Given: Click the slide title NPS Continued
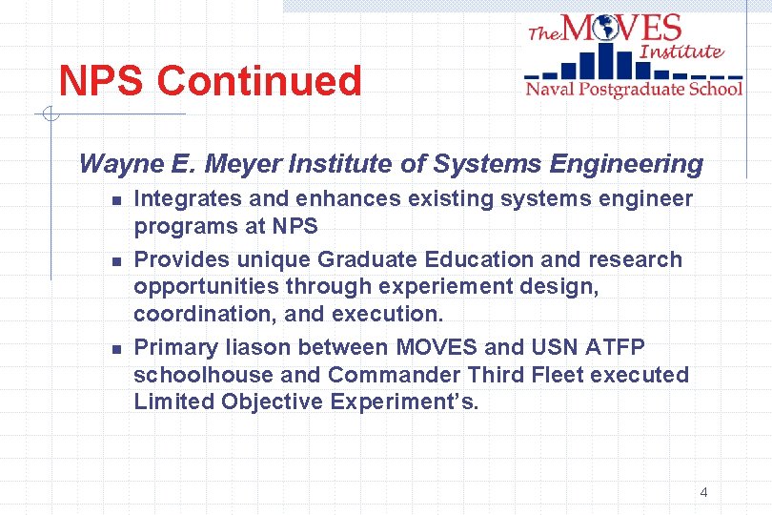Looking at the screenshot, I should point(210,82).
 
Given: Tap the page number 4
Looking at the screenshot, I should point(703,492).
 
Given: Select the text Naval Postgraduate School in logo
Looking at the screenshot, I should point(634,90).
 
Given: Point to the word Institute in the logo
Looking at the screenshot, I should point(682,51).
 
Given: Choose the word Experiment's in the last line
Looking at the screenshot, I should point(404,402).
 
